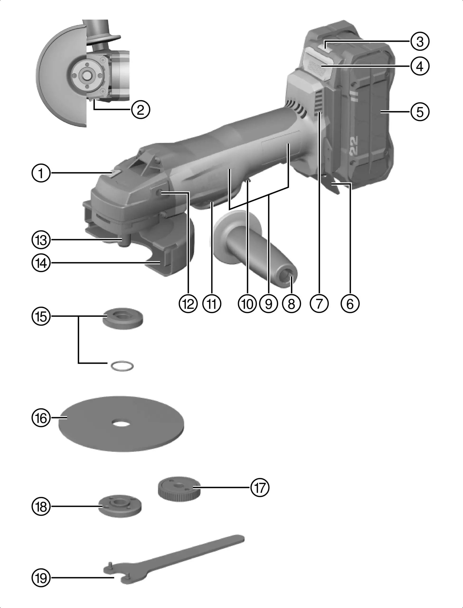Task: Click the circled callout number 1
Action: coord(41,173)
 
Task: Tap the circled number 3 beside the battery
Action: coord(420,42)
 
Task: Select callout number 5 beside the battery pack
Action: coord(420,112)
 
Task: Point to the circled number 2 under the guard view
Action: coord(141,110)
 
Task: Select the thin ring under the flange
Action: coord(122,366)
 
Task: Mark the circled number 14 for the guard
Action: coord(41,263)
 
